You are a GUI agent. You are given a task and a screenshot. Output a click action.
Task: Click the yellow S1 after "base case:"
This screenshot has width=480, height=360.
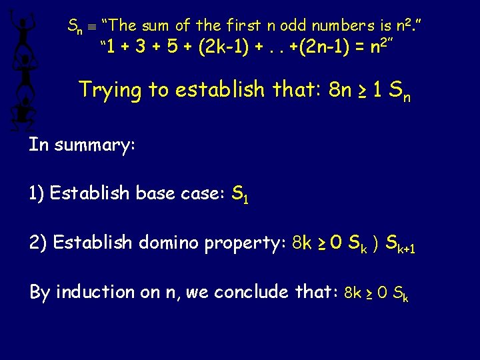click(240, 195)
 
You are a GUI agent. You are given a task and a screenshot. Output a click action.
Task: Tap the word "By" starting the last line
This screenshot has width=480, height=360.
click(39, 292)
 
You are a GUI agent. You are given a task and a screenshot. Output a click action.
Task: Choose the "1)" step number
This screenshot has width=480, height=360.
click(37, 193)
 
